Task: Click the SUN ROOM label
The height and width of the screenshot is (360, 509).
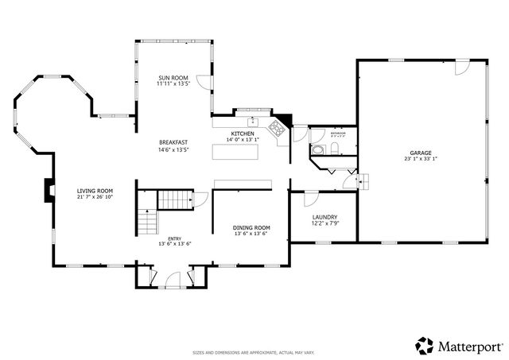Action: pos(173,76)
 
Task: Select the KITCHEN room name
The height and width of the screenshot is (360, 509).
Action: pos(243,134)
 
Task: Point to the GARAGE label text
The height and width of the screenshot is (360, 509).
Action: pos(421,152)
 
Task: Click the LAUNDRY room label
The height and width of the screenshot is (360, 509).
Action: pos(324,217)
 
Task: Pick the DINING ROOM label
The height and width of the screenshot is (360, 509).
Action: pos(251,227)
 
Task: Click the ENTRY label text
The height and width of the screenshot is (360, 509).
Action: pos(174,238)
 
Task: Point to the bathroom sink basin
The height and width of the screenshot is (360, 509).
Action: pos(317,149)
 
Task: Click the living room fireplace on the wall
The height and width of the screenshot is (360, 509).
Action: pos(49,192)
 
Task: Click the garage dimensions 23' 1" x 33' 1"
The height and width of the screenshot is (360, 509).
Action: pos(421,159)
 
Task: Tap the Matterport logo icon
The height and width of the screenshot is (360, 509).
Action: pos(425,346)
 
